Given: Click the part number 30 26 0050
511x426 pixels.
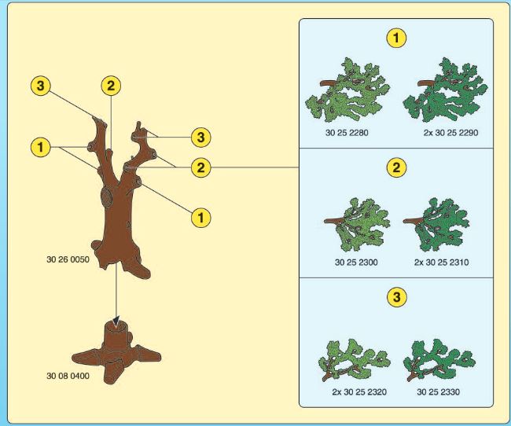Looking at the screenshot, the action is tap(68, 260).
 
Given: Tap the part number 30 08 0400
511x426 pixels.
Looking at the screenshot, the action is tap(68, 376).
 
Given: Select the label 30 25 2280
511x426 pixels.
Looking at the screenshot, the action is tap(347, 133).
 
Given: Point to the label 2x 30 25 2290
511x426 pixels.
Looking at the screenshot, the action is tap(450, 133).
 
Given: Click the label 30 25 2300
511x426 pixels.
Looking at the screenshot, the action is tap(356, 263).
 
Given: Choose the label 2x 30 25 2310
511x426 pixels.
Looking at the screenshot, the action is tap(441, 263).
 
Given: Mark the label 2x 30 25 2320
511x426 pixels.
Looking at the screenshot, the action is tap(359, 391).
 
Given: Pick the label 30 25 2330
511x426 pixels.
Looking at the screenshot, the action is tap(439, 391).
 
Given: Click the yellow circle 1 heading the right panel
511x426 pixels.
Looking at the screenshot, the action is tap(396, 38).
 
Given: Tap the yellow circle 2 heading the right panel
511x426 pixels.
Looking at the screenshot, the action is tap(396, 167).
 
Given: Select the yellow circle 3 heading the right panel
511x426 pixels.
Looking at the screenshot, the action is tap(396, 297).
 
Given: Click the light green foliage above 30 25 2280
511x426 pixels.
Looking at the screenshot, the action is tap(349, 91).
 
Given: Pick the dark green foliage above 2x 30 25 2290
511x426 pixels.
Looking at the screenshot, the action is tap(447, 91).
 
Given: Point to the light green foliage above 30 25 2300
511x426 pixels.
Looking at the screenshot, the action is tap(358, 225).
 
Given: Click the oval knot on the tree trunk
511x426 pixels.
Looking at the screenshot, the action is tap(106, 196).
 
